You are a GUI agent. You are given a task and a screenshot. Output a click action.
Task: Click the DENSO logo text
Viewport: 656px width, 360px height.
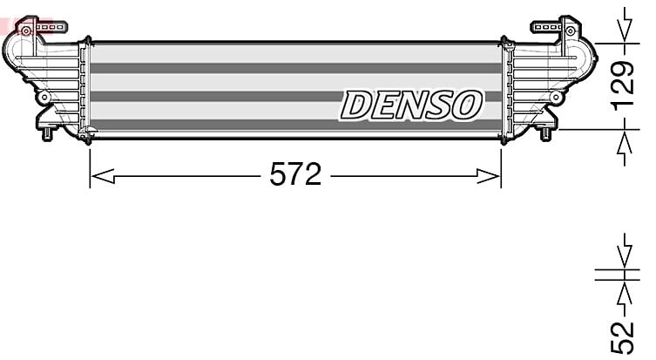coord(411,105)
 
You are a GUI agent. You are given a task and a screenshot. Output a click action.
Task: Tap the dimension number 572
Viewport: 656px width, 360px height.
coord(295,174)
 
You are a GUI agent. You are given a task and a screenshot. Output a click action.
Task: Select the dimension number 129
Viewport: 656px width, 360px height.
coord(624,85)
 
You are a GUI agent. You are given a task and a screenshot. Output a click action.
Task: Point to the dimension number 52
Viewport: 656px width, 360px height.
coord(623,338)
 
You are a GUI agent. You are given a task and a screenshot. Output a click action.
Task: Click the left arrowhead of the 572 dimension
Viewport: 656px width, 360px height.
coord(103,176)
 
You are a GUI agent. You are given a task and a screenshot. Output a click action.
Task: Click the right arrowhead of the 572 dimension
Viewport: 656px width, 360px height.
coord(489,176)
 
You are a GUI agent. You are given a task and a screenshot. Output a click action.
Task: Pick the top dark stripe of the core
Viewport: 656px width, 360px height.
coord(296,68)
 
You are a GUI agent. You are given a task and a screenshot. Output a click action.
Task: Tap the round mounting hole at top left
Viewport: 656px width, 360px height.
coord(26,31)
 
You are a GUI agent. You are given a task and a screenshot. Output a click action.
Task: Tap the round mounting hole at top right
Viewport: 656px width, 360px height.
coord(570,31)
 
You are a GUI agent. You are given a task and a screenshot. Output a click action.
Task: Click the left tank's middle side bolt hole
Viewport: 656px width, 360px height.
coord(44,98)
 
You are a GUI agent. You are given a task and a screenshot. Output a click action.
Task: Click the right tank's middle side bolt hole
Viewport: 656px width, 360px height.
coord(556,98)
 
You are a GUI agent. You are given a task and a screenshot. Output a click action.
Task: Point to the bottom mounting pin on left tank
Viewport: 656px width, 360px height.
coord(47,134)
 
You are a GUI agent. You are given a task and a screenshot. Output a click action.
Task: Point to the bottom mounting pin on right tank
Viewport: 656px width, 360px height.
coord(545,134)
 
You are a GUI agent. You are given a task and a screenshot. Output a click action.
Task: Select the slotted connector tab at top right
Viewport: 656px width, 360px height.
coord(545,27)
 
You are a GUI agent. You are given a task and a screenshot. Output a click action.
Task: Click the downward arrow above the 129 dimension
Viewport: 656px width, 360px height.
coord(625,24)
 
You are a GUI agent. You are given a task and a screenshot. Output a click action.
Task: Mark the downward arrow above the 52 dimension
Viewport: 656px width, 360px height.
coord(625,251)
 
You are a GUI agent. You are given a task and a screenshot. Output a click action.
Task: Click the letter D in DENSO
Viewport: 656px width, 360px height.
coord(355,105)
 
